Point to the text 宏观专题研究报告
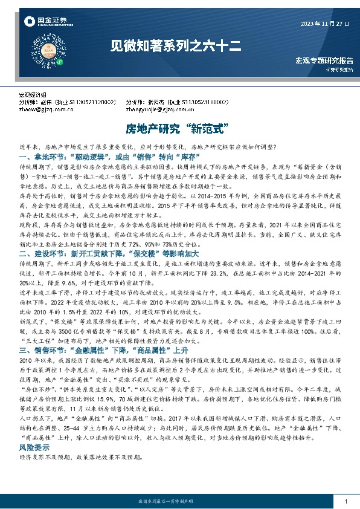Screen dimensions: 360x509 point(324,61)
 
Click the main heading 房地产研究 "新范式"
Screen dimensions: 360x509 point(179,129)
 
